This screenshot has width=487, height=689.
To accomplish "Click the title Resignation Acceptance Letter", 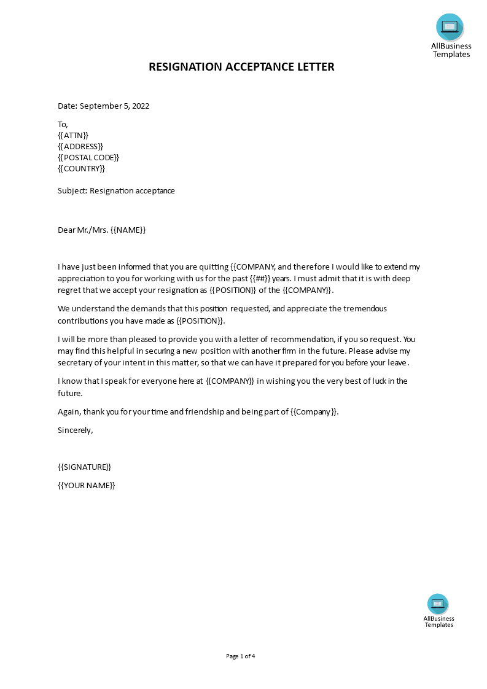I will [x=241, y=67].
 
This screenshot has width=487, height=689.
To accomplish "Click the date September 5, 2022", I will [x=114, y=106].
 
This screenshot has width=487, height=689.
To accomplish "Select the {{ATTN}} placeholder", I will [x=73, y=135].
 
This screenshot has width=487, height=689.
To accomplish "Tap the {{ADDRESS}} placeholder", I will [x=80, y=146].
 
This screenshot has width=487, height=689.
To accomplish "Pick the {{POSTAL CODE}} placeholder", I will [x=88, y=158].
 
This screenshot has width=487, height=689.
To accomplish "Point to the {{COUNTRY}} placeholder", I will [x=82, y=169].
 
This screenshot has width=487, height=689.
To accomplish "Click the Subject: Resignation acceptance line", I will [x=116, y=191].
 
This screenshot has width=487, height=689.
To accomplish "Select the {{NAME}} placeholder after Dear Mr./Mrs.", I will [x=128, y=230].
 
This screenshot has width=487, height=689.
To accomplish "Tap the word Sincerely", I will [x=75, y=430].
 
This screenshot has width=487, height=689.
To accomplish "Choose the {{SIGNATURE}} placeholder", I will [x=85, y=467].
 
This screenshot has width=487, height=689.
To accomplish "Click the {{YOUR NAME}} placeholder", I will [x=87, y=485].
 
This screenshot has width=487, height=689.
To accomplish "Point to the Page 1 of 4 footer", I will [x=241, y=656].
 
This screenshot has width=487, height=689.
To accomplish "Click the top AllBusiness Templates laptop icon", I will [x=450, y=27].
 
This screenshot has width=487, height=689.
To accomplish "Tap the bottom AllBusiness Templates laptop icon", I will [x=438, y=604].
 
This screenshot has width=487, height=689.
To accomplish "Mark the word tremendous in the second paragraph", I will [x=357, y=309].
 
